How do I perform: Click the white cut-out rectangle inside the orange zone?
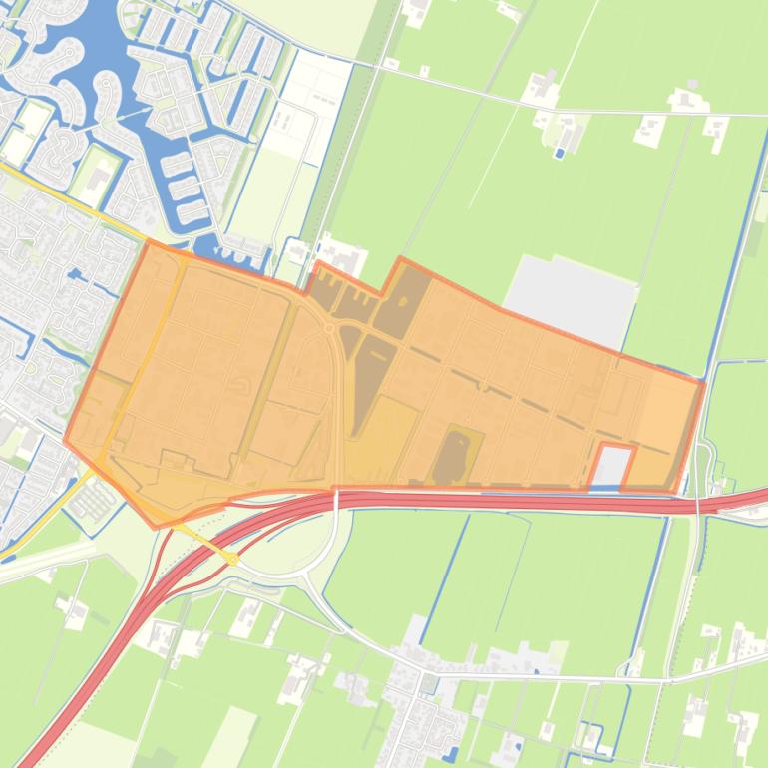tap(612, 466)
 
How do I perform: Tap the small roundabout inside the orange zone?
tap(328, 327)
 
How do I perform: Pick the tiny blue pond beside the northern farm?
tap(558, 153)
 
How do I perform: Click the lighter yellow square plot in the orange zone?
tap(382, 439)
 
